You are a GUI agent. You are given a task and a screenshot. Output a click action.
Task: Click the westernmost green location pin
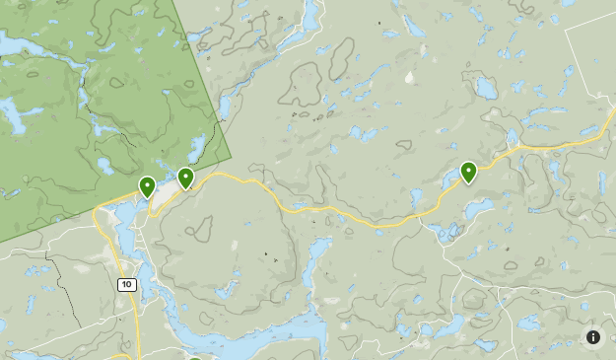click(x=147, y=185)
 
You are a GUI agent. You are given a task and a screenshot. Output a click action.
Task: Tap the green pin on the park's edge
click(x=185, y=178)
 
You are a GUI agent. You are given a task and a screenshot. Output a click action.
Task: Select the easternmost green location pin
click(x=468, y=172)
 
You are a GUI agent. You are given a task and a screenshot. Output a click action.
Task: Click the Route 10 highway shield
click(x=126, y=284)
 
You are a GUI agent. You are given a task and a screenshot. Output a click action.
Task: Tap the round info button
click(x=593, y=337)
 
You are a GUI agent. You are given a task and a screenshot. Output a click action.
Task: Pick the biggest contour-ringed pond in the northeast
click(x=485, y=87)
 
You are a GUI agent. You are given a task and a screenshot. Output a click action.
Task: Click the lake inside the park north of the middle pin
click(x=196, y=148)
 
